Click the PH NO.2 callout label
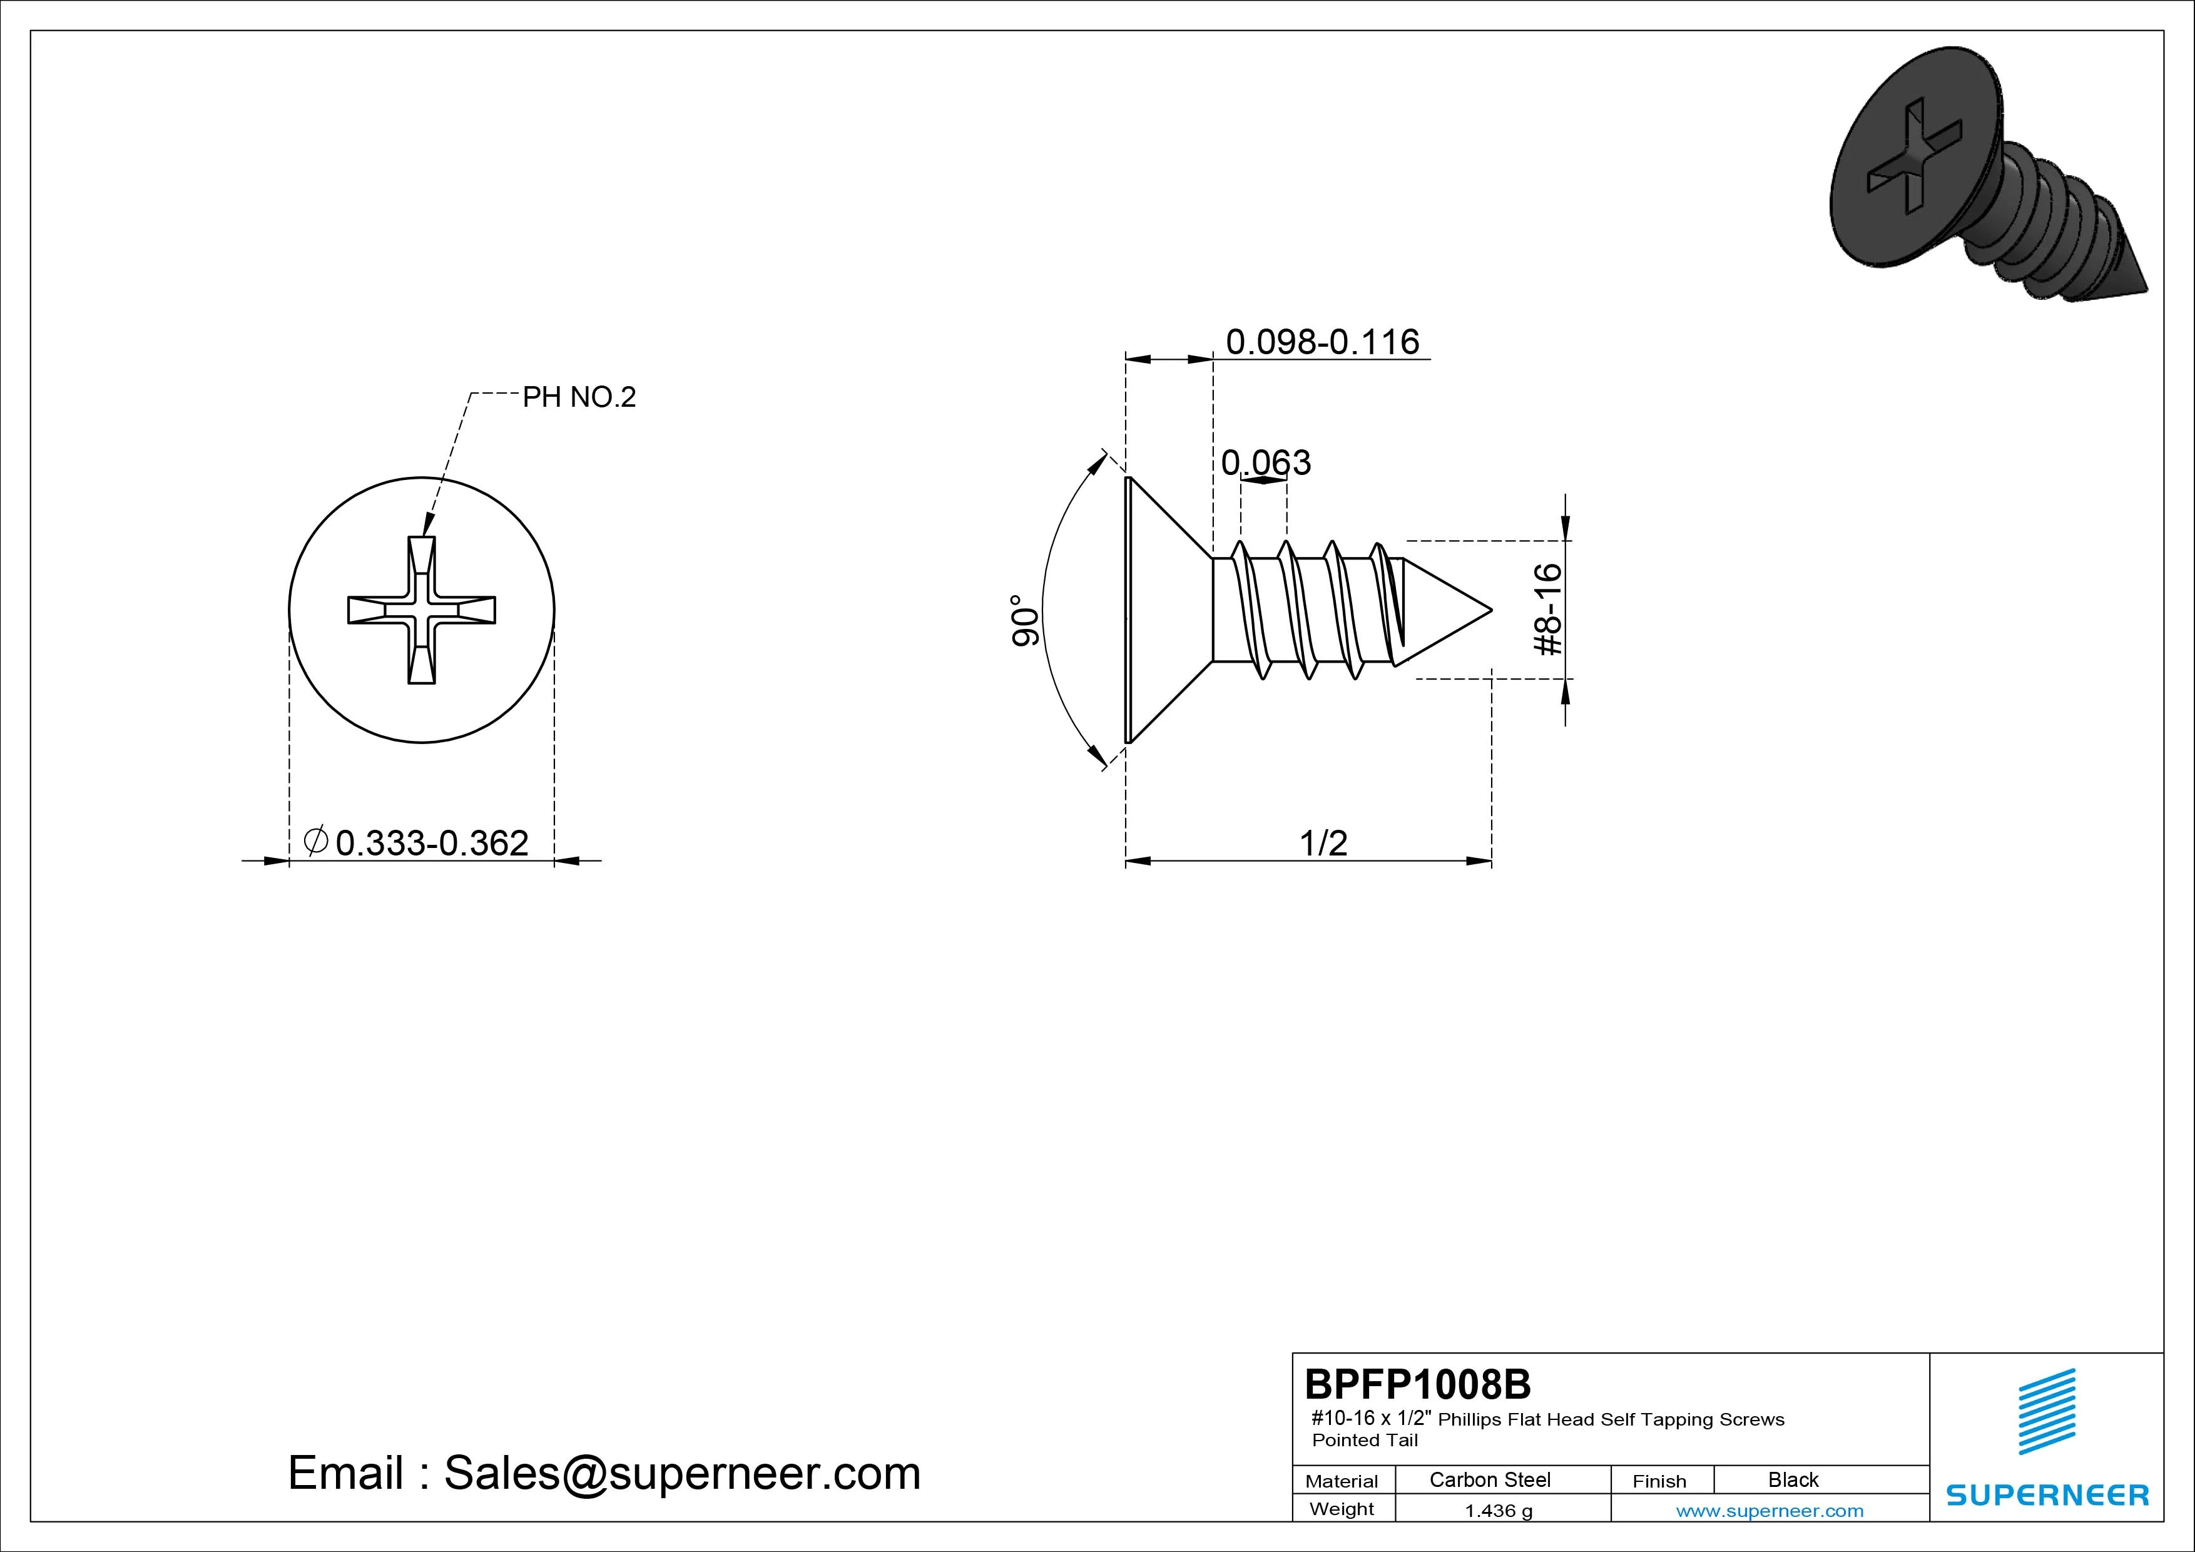pos(578,397)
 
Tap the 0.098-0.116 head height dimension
pos(1322,342)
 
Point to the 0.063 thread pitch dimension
pos(1266,463)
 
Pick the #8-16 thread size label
pos(1548,609)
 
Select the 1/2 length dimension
pos(1324,842)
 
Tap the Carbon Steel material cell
pos(1489,1479)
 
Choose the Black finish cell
pos(1793,1479)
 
